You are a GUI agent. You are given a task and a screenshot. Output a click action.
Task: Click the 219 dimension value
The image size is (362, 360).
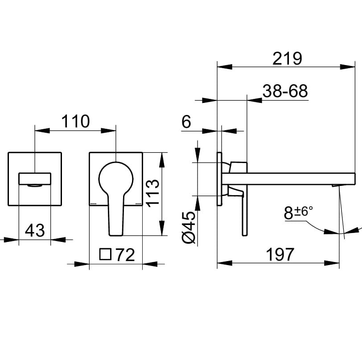287,59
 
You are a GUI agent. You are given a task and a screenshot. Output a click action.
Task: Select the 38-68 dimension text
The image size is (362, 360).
285,91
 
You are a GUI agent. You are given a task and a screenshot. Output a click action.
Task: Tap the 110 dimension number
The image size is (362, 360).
75,121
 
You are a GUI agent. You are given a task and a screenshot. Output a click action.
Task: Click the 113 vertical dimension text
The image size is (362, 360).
152,193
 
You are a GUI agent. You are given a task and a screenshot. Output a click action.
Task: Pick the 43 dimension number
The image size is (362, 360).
35,230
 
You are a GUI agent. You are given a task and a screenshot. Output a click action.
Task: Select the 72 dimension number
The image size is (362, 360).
125,255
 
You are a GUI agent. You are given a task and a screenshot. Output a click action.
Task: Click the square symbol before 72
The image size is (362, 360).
106,254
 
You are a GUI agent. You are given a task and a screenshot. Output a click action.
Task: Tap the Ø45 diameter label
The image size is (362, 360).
189,227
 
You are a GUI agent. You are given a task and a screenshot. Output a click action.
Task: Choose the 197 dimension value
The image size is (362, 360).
280,254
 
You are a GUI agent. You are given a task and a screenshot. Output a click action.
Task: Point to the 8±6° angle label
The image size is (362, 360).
298,213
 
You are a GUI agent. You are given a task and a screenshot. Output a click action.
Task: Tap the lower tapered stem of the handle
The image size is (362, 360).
116,215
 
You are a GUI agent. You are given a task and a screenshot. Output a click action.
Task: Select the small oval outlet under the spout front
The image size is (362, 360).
35,185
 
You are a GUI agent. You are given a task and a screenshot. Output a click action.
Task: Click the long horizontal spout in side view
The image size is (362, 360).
288,179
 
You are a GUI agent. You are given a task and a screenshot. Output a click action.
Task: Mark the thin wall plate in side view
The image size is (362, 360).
219,179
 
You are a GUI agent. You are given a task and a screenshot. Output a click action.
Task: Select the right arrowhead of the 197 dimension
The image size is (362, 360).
332,263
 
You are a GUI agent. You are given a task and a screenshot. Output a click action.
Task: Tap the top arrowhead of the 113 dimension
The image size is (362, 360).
162,160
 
